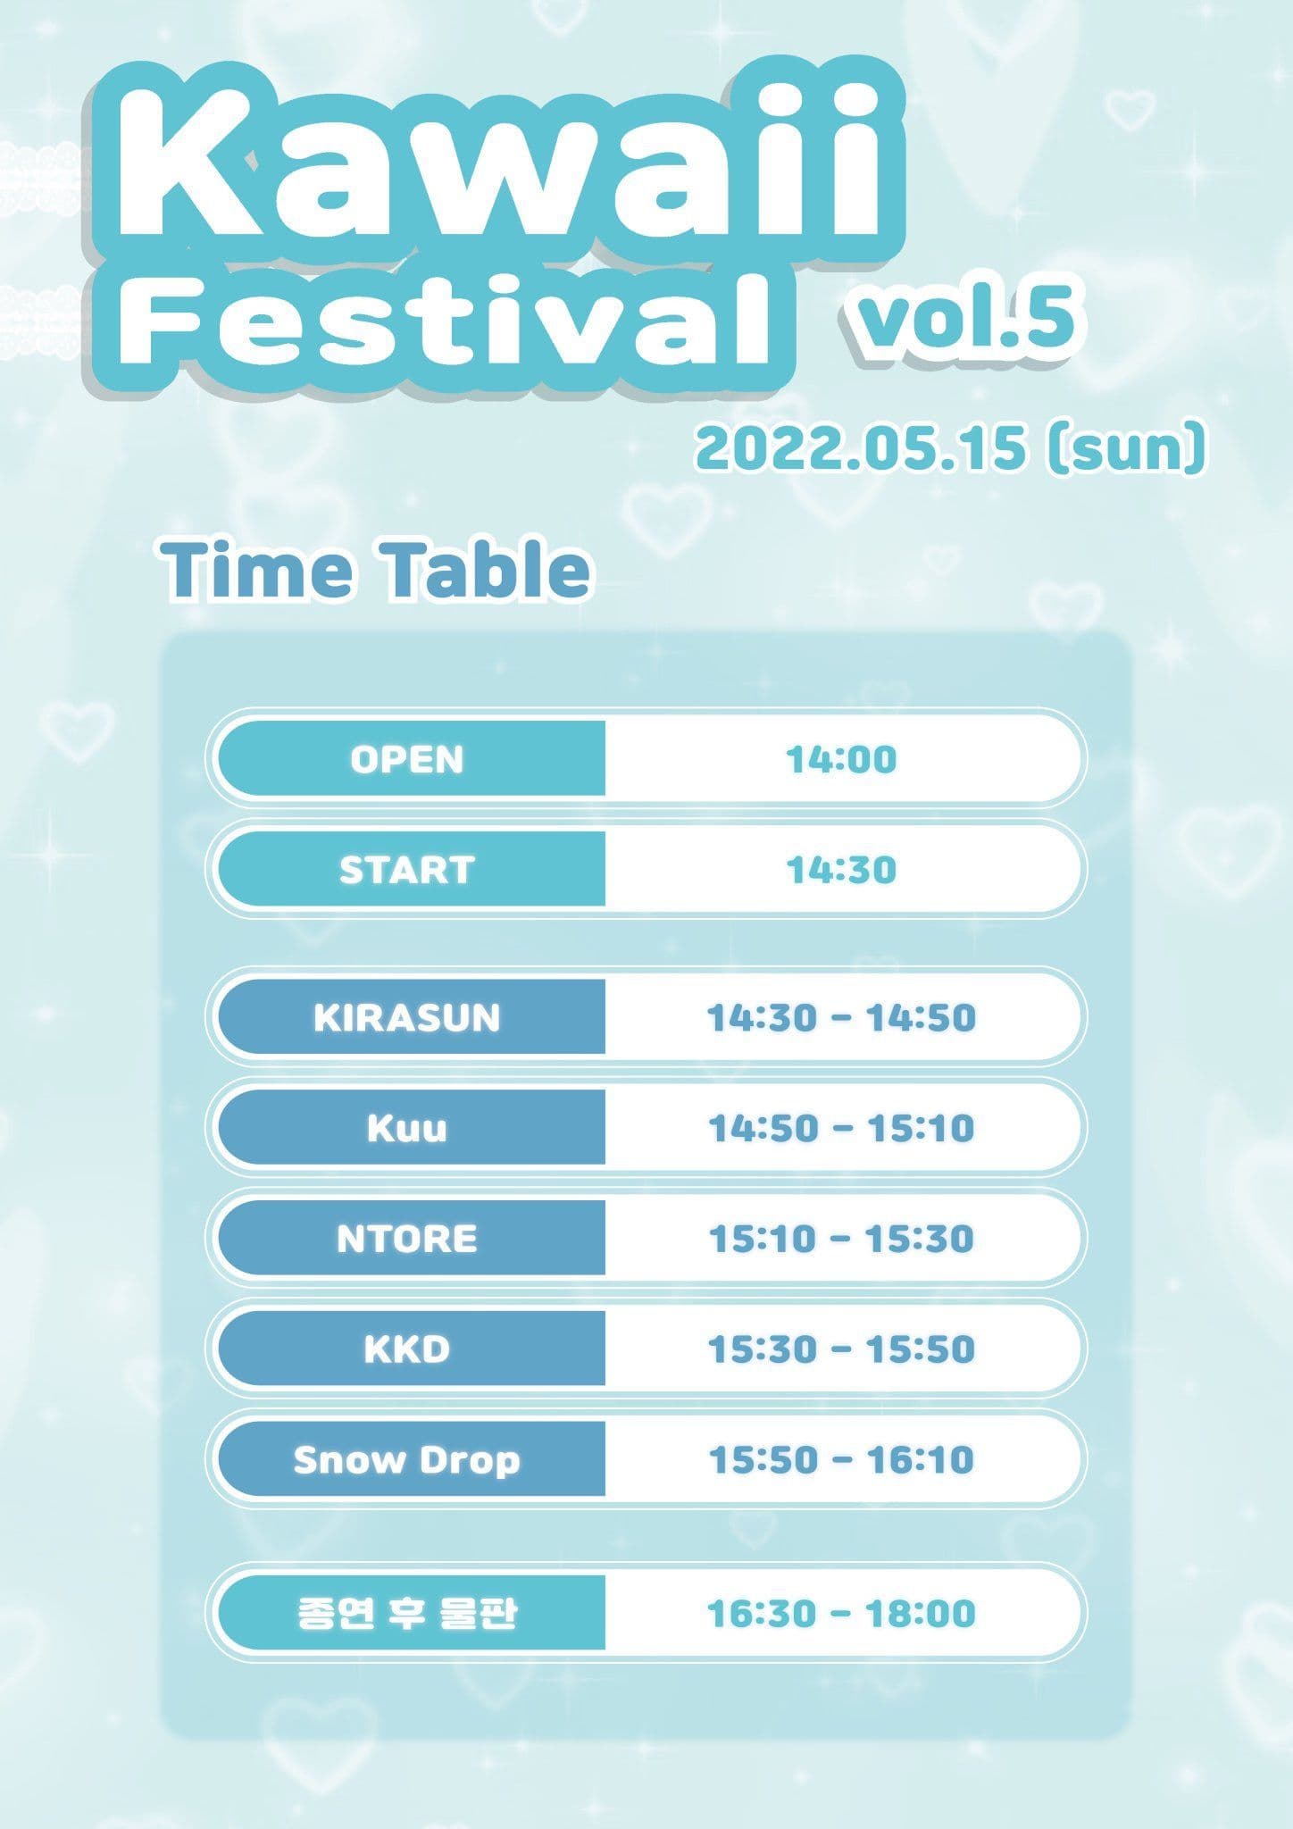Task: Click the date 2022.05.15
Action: point(861,448)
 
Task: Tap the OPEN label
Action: point(407,759)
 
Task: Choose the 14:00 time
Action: point(841,759)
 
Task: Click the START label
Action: point(407,870)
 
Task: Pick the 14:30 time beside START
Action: point(841,870)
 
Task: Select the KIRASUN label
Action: point(407,1017)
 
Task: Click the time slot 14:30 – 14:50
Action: point(841,1017)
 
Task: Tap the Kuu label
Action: point(407,1128)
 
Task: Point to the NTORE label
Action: point(407,1239)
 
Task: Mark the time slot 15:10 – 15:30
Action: point(841,1239)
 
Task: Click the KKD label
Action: point(407,1349)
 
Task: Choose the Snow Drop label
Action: point(407,1460)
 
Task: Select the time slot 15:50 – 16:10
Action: point(841,1460)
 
